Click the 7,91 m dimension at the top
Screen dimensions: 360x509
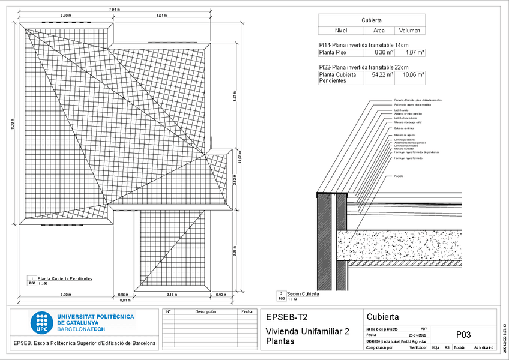click(x=114, y=10)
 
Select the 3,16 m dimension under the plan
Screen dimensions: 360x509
click(x=172, y=295)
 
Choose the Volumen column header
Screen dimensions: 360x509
click(x=409, y=30)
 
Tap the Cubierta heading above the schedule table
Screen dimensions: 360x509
click(x=372, y=20)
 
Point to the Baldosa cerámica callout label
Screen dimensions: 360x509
click(x=404, y=128)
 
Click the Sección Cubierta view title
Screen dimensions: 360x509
click(x=303, y=293)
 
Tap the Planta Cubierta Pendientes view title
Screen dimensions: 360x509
click(x=65, y=279)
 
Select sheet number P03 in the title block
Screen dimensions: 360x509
click(x=463, y=335)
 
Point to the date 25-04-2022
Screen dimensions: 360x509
click(x=417, y=335)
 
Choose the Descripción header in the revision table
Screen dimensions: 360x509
click(x=205, y=311)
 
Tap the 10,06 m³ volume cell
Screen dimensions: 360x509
click(x=413, y=75)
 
